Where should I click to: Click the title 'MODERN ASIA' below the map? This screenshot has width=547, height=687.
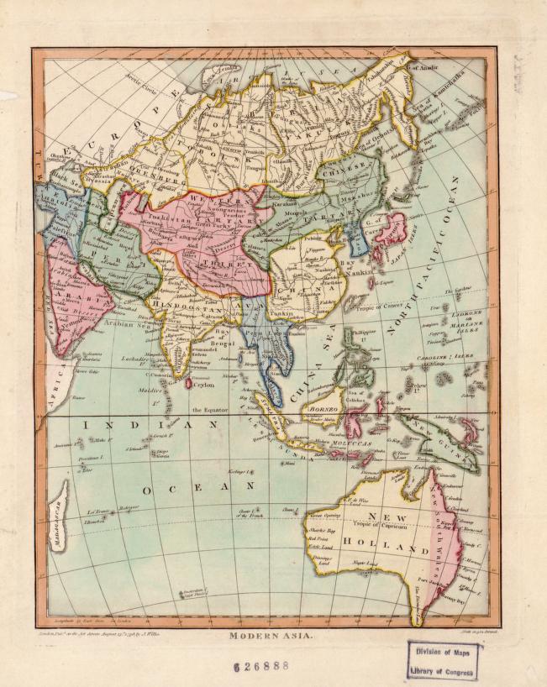(x=271, y=636)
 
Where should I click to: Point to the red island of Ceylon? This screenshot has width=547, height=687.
(x=187, y=384)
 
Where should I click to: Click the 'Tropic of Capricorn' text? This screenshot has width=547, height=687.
(x=355, y=527)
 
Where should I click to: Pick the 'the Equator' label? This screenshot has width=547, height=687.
(x=209, y=410)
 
